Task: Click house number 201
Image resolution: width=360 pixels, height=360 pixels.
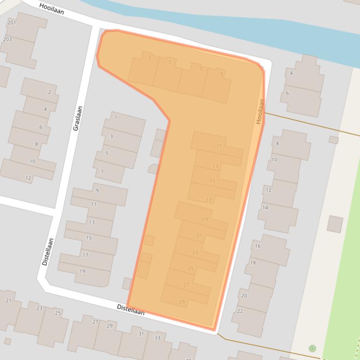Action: tap(12, 22)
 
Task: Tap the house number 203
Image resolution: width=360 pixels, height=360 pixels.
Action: tap(7, 39)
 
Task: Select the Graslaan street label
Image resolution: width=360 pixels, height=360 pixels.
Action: tap(78, 118)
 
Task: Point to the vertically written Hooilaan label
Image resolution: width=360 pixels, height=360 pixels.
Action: tap(260, 111)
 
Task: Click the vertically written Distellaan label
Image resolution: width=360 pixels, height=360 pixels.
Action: tap(48, 252)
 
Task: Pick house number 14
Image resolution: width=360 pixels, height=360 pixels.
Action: tap(265, 208)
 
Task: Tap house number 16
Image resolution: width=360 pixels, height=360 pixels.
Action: tap(257, 246)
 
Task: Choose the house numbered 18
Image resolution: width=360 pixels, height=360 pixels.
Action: tap(253, 263)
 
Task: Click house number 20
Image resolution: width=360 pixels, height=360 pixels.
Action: tap(244, 295)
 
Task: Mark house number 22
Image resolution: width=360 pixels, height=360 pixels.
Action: tap(240, 311)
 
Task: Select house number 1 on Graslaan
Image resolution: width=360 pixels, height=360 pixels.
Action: tap(116, 117)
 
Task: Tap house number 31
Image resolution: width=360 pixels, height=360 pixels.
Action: tap(141, 333)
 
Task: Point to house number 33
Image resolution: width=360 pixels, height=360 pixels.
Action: tap(157, 338)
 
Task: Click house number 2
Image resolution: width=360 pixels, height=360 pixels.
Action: tap(50, 92)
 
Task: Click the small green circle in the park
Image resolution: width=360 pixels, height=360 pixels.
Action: tap(312, 348)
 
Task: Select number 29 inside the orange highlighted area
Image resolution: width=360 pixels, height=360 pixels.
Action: tap(182, 302)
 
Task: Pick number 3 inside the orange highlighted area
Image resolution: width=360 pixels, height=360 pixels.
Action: tap(149, 58)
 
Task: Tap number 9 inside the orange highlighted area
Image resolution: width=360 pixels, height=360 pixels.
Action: tap(221, 74)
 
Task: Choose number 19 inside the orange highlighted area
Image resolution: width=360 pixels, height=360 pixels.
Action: tap(205, 219)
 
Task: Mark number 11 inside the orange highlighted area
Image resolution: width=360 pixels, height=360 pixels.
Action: tap(219, 146)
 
